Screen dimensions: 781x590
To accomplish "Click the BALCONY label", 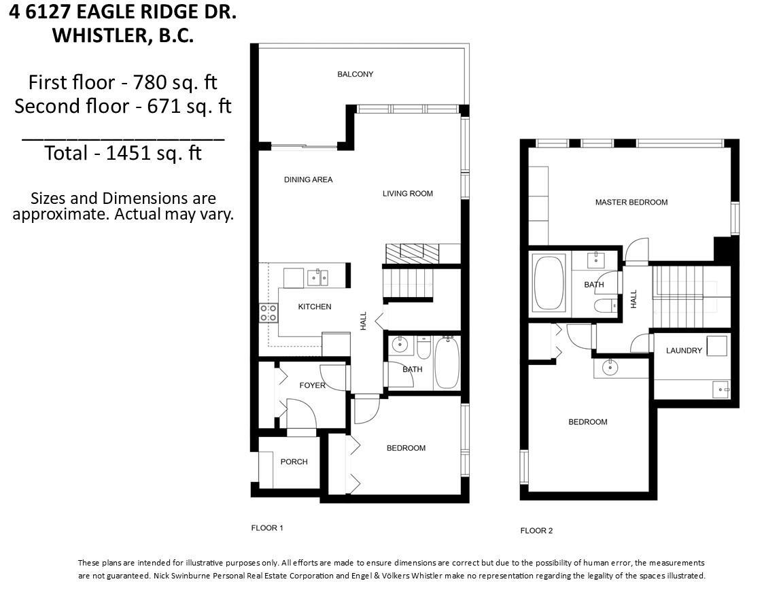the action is pyautogui.click(x=355, y=74).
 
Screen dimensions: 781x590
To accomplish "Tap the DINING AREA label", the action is pyautogui.click(x=309, y=179).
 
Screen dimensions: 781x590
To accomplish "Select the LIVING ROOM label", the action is pyautogui.click(x=407, y=194).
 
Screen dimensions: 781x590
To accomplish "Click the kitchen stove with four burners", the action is pyautogui.click(x=268, y=313).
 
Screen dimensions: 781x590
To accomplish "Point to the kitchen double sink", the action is pyautogui.click(x=317, y=277).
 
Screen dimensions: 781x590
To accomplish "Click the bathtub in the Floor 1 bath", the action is pyautogui.click(x=447, y=363).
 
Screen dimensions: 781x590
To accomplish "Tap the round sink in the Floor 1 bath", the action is pyautogui.click(x=399, y=344).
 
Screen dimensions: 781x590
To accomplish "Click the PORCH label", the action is pyautogui.click(x=294, y=462).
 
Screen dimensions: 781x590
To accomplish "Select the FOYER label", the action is pyautogui.click(x=312, y=385).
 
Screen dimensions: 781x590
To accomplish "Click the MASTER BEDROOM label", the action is pyautogui.click(x=631, y=202).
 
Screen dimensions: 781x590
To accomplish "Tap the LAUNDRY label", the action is pyautogui.click(x=684, y=351).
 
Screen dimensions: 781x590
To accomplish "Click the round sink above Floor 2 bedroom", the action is pyautogui.click(x=610, y=368).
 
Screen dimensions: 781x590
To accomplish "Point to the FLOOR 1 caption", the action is pyautogui.click(x=267, y=527).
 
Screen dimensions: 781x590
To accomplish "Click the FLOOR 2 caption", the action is pyautogui.click(x=536, y=531).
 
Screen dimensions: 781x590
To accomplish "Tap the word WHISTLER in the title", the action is pyautogui.click(x=103, y=36).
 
